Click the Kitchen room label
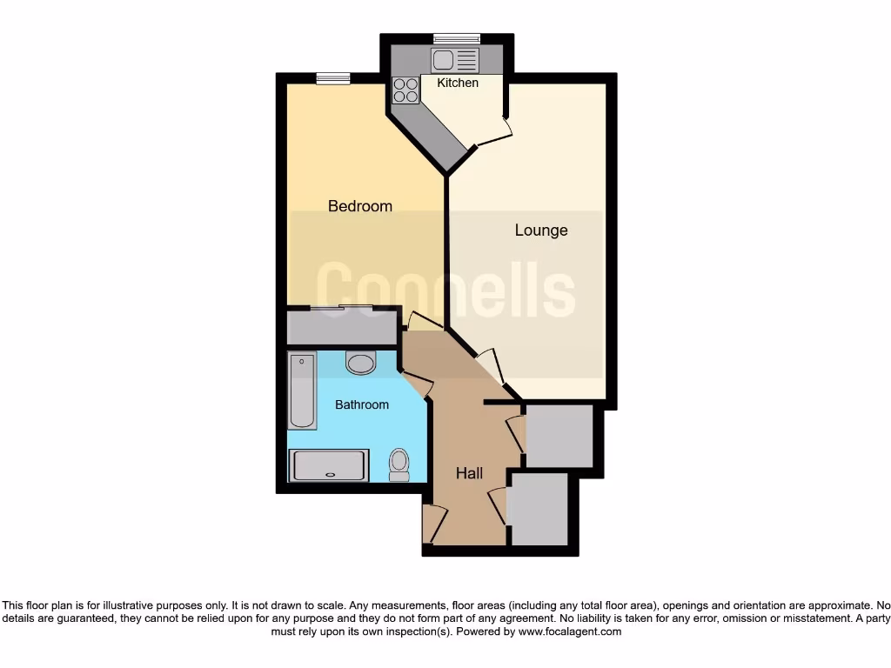[x=458, y=83]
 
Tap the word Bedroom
[x=359, y=206]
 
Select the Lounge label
[x=541, y=230]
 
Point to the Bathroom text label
[x=362, y=404]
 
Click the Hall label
[x=470, y=473]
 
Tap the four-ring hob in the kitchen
[x=405, y=90]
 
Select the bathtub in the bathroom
[x=302, y=391]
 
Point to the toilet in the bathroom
[x=399, y=464]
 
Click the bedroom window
[x=332, y=79]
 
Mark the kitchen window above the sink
[x=457, y=37]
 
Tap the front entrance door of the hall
[x=432, y=524]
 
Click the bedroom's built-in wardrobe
[x=341, y=327]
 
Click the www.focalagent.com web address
[x=570, y=631]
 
